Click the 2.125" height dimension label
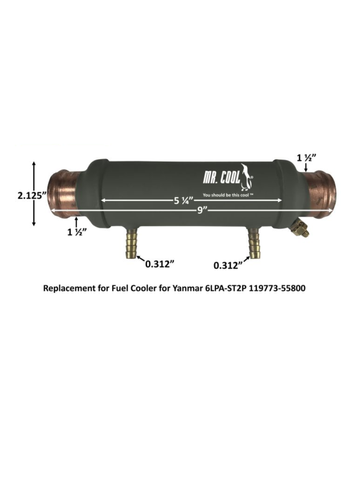tap(17, 196)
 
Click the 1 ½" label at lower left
tap(77, 232)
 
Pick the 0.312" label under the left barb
tap(160, 264)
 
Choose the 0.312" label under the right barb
tap(228, 265)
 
